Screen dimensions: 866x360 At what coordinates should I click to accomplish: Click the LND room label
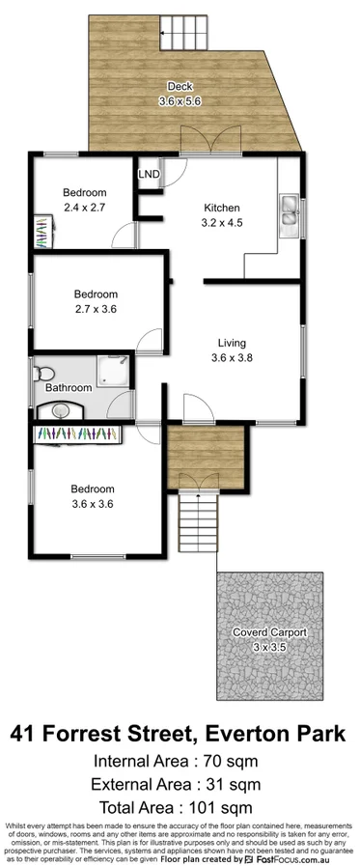coord(150,175)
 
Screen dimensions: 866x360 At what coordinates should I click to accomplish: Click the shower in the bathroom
coord(115,370)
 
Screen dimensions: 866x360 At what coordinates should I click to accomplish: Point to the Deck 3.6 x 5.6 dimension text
coord(179,99)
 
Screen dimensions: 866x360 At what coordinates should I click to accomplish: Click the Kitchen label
coord(221,208)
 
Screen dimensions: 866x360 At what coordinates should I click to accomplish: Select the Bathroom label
coord(69,388)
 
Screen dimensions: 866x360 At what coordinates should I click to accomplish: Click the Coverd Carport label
coord(269,632)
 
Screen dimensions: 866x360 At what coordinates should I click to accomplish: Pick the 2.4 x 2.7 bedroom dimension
coord(85,206)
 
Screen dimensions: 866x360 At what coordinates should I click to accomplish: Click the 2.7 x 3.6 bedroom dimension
coord(96,309)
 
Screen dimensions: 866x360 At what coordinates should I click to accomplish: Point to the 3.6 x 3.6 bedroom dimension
coord(93,503)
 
